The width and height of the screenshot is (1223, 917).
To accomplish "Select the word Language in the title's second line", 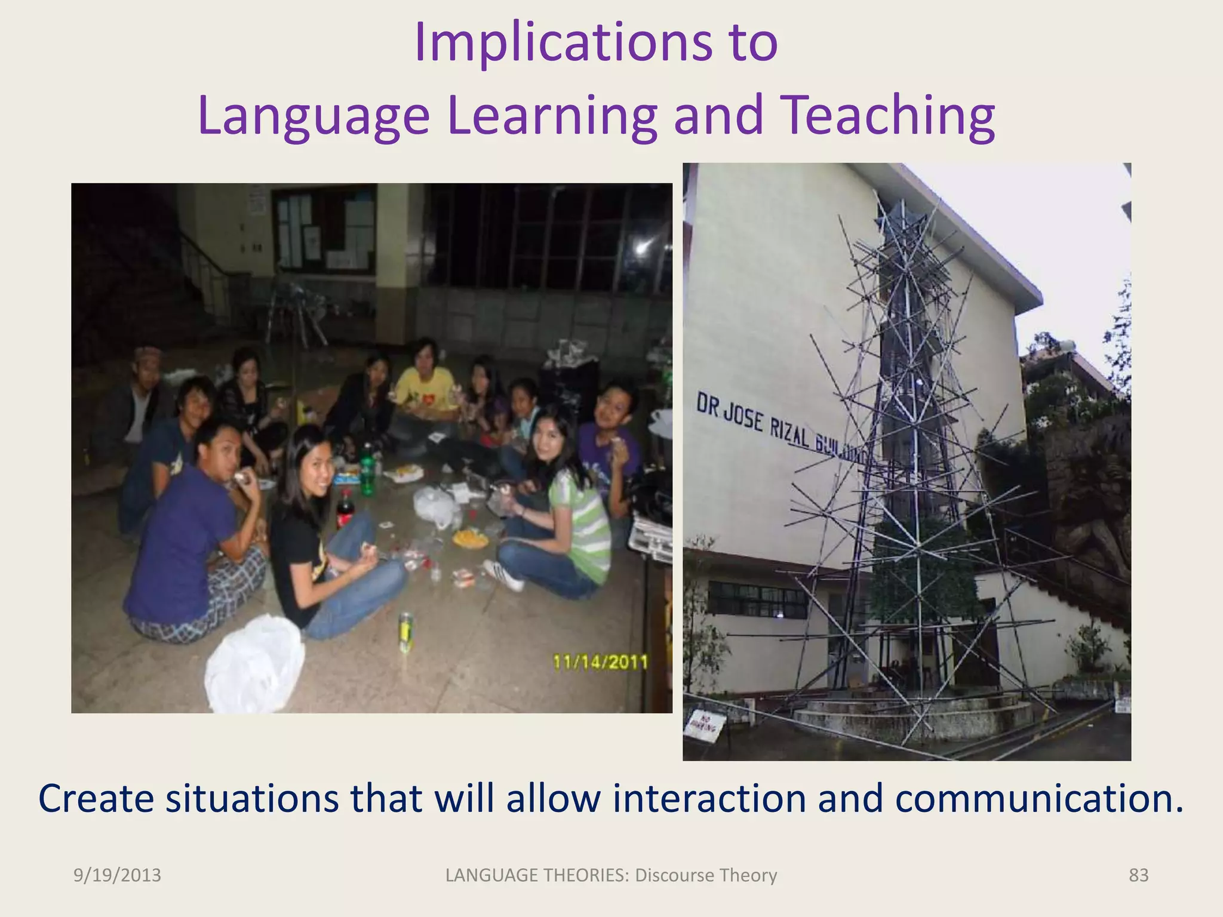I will coord(314,116).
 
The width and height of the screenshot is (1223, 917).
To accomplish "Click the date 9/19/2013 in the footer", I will coord(117,875).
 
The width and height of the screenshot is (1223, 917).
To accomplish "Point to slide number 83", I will coord(1138,875).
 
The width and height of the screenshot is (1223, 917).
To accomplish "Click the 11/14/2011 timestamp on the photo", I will coord(600,662).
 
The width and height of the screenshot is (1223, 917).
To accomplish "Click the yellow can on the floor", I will coord(406,631).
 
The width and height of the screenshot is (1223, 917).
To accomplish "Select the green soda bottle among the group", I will coord(367,472).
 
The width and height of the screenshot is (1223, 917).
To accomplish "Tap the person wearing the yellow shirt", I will coord(425,388).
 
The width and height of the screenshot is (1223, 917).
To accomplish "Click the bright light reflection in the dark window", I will coord(643,248).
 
